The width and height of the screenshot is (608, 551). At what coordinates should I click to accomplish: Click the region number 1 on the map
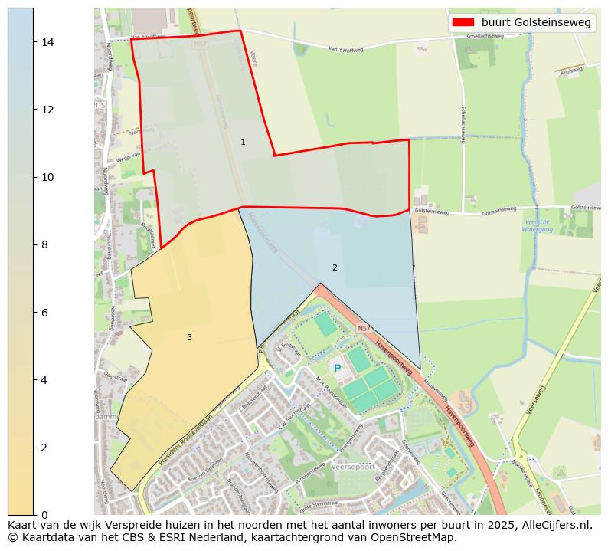click(x=243, y=142)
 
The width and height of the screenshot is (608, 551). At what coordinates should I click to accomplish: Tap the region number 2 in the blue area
click(x=335, y=267)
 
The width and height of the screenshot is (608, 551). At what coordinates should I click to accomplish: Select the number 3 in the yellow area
click(x=189, y=337)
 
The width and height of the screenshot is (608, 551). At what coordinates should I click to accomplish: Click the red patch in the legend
click(x=464, y=23)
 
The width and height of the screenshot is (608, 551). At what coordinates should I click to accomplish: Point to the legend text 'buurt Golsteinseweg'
click(x=536, y=23)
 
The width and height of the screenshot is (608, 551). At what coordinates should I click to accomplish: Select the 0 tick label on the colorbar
click(x=44, y=514)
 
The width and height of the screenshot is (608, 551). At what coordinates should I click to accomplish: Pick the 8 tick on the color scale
click(x=44, y=244)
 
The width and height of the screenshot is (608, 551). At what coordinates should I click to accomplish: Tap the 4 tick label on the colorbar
click(x=44, y=379)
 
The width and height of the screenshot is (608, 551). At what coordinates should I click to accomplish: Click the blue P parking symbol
click(x=337, y=369)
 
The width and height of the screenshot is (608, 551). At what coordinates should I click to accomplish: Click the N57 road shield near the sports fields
click(x=364, y=329)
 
